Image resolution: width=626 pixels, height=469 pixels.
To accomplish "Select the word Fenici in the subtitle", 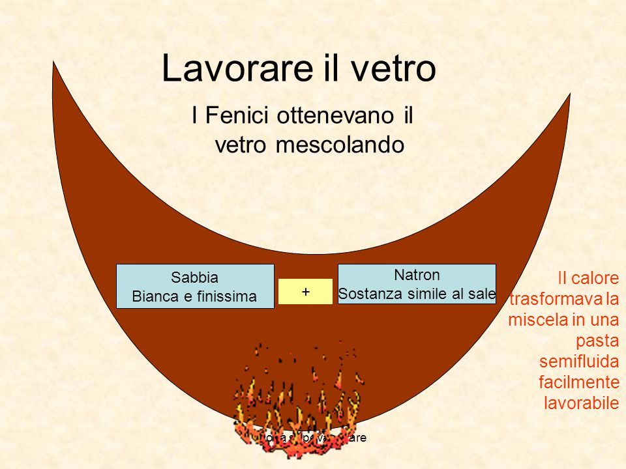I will point(240,117).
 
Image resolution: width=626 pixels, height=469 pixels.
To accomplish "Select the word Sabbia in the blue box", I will point(194,277).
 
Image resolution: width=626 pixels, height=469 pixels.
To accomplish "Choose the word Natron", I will point(417,274).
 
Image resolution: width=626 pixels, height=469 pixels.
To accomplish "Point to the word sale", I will point(482,294).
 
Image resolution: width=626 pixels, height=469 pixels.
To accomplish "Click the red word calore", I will point(597,279).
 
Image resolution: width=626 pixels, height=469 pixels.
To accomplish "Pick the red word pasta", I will point(597,341).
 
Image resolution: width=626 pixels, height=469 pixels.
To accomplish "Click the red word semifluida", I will point(579,362).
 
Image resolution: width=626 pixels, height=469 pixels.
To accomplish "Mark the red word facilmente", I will point(579,382).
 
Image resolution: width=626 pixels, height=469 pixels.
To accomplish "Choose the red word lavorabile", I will point(581,403).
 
